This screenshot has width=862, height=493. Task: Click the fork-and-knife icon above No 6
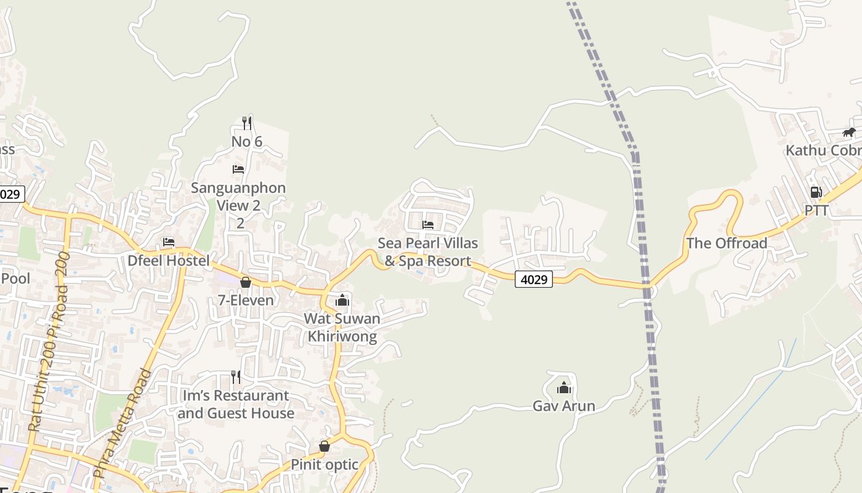(246, 123)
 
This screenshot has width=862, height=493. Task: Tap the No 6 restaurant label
(247, 142)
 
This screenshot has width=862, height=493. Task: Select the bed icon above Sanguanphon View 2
(238, 169)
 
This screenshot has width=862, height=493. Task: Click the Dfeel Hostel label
(168, 261)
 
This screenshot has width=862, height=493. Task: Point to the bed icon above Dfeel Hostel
(169, 242)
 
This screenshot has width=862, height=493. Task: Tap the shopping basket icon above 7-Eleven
(246, 282)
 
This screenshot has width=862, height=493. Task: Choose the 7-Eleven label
(246, 301)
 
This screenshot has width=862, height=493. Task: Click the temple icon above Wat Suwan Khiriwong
(342, 300)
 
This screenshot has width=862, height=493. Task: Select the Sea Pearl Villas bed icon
(428, 224)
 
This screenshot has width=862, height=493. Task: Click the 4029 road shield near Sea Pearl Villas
(534, 279)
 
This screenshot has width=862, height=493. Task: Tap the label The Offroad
(727, 243)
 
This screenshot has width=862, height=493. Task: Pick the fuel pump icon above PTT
(816, 192)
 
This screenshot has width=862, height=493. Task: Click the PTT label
(816, 211)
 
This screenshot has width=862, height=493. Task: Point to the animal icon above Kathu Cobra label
(849, 132)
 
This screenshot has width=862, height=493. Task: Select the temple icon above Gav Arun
(564, 388)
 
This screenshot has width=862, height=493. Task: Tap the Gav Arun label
(564, 406)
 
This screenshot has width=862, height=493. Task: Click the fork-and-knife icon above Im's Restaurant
(235, 377)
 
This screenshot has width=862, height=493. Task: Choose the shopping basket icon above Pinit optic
(324, 446)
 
